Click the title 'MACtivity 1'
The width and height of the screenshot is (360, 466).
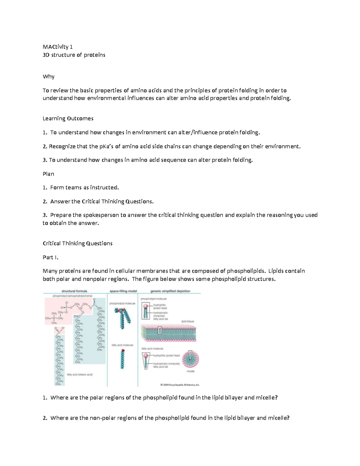pos(58,47)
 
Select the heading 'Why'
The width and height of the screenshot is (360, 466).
pos(49,77)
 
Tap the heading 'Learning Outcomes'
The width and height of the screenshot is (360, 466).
pos(68,119)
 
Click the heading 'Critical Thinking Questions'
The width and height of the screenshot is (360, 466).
pos(78,243)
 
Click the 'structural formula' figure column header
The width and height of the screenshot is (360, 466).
pos(74,291)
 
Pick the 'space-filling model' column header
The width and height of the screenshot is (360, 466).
pos(123,291)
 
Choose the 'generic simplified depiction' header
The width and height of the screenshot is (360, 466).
pos(170,291)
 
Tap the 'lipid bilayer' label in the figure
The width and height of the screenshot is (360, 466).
pos(188,321)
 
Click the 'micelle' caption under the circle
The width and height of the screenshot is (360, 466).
pos(190,371)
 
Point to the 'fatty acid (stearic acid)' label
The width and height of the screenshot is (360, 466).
pos(80,374)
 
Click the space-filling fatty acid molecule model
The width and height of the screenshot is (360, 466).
pos(122,359)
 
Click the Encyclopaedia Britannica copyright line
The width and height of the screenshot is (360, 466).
pos(180,384)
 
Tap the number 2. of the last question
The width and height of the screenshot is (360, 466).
pos(45,418)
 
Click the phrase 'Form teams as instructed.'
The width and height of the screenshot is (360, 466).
pos(84,188)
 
